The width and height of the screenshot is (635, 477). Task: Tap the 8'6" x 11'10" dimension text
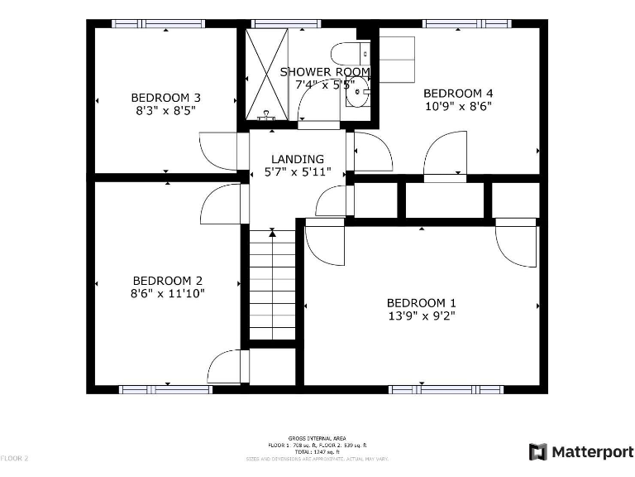pos(168,293)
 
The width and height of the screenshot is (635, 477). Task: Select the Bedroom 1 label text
pos(421,302)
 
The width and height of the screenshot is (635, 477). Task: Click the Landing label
pos(298,159)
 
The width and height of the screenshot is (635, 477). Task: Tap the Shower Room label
pos(325,72)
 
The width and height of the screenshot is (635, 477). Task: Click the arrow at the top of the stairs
pos(272,234)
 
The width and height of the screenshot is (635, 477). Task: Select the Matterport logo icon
pos(537,451)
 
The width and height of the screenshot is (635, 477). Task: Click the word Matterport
pos(591,451)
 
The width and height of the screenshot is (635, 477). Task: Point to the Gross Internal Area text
pos(317,437)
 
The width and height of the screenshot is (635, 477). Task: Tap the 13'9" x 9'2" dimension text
pos(421,316)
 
